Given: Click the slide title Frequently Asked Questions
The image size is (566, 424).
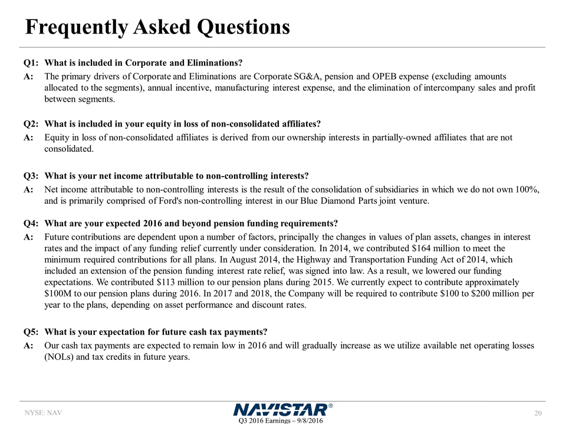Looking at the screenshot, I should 157,27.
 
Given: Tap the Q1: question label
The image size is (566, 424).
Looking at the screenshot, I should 31,63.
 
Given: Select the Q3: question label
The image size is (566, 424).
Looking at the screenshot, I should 31,176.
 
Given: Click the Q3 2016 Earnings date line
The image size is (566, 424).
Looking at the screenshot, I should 282,420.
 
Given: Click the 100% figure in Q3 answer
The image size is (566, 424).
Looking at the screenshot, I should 525,190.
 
